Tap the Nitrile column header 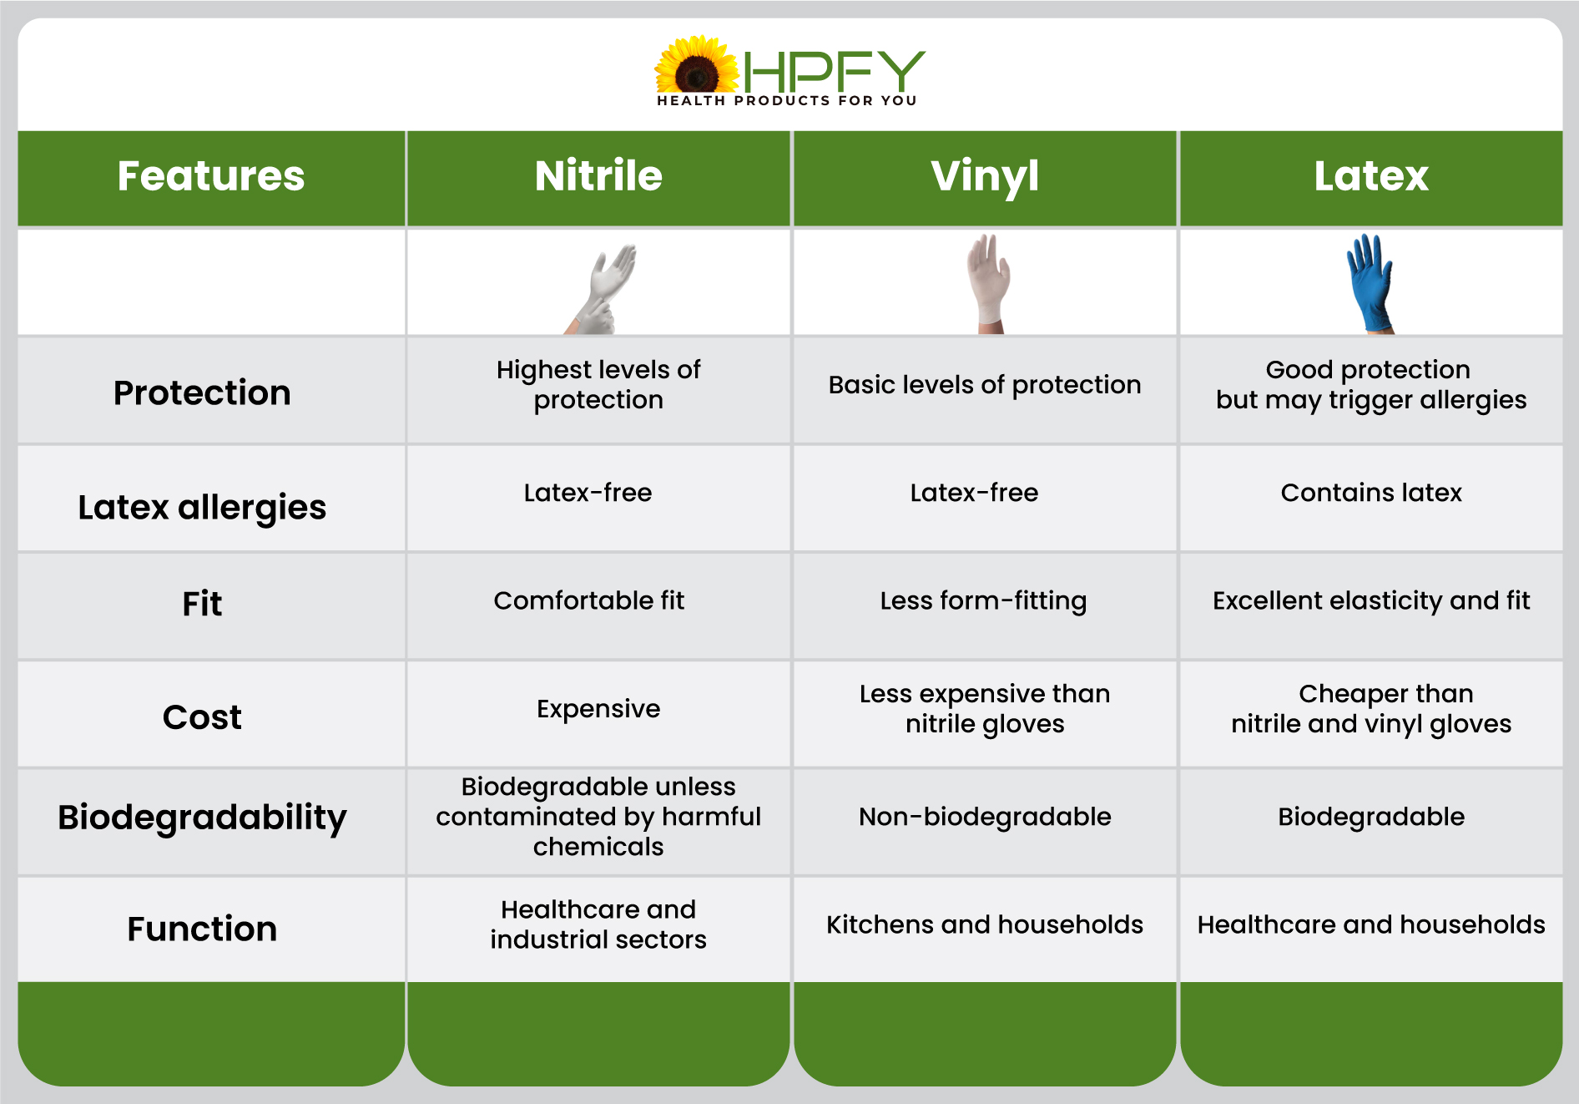pos(598,178)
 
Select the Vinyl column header pos(985,178)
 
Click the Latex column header pos(1371,178)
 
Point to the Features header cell pos(211,178)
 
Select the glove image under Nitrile pos(601,289)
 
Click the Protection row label pos(202,392)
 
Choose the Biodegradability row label pos(202,818)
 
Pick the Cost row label pos(202,717)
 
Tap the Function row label pos(202,929)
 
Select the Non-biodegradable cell pos(985,817)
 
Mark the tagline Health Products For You pos(787,100)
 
